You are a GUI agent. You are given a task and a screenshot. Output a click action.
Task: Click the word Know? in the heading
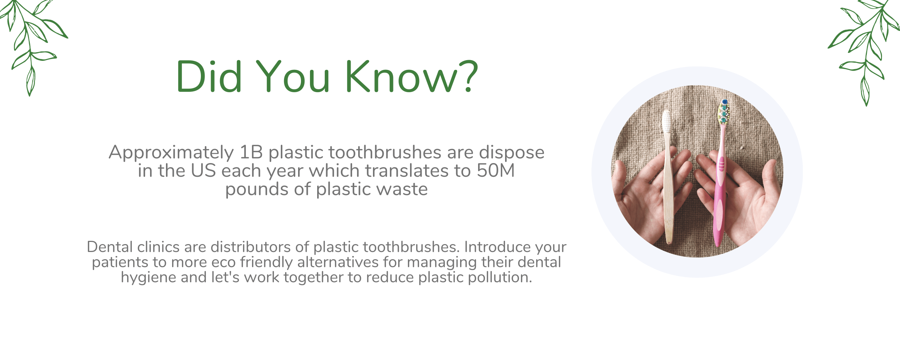(x=411, y=76)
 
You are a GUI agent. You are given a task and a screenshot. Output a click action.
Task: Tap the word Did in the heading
(x=209, y=76)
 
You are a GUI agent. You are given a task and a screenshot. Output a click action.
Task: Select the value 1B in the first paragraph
(x=251, y=152)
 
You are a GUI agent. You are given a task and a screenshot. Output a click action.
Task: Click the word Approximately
(x=171, y=153)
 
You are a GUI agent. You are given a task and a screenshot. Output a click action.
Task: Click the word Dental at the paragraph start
(x=110, y=247)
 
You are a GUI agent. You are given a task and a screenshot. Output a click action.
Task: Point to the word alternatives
(x=338, y=262)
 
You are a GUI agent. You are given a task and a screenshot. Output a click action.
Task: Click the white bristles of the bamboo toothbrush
(x=667, y=121)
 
